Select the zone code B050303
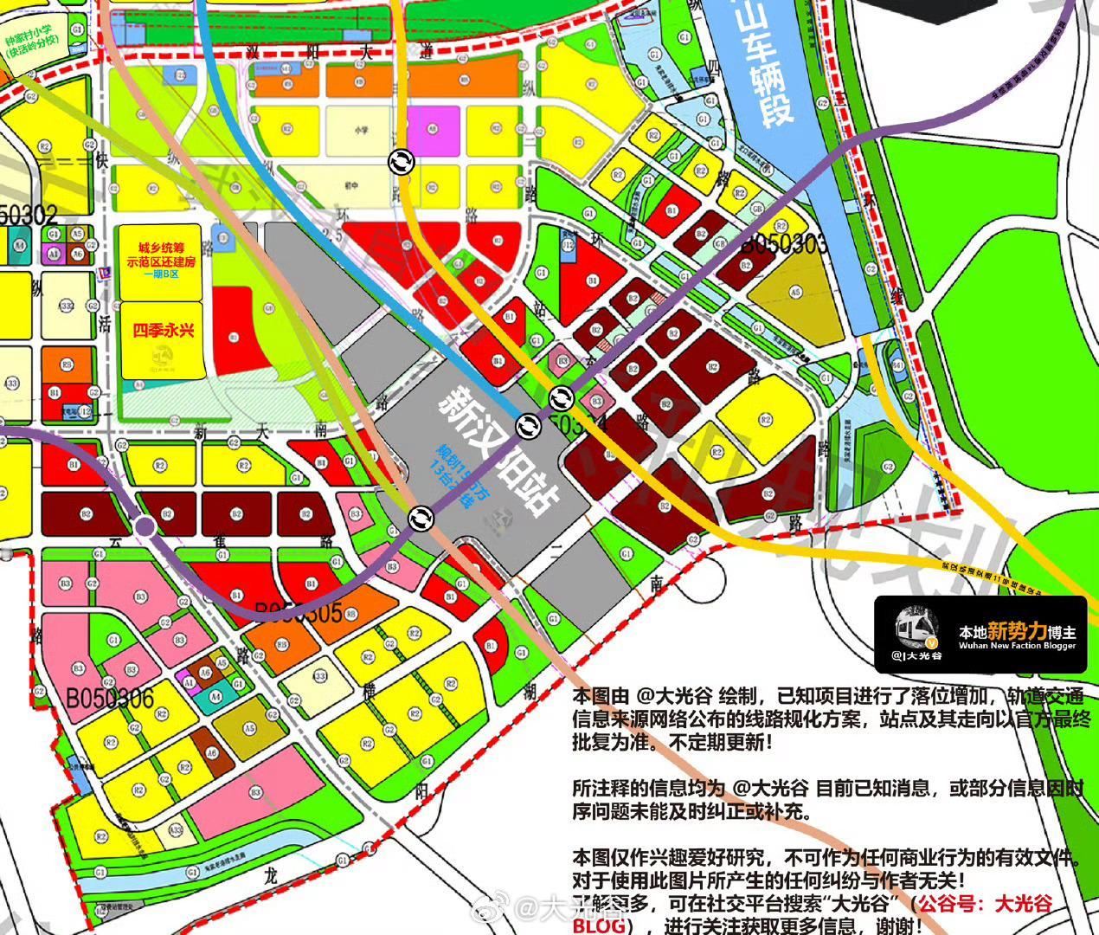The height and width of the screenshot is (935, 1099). coord(783,243)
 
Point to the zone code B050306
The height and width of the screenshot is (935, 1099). coord(111,697)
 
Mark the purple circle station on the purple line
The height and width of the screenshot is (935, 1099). coord(145,526)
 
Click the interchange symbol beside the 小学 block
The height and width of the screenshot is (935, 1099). coord(401,162)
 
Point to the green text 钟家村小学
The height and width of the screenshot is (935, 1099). coord(33,41)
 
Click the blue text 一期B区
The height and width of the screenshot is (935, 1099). coord(162,274)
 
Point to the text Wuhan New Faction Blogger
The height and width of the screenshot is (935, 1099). coord(1018,646)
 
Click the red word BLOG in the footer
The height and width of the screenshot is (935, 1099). coord(598,925)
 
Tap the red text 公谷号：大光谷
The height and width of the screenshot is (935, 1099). coord(986,905)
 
